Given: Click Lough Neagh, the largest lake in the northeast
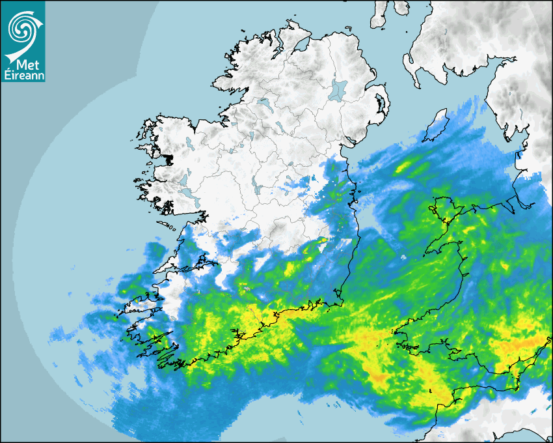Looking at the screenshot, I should click(338, 89).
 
